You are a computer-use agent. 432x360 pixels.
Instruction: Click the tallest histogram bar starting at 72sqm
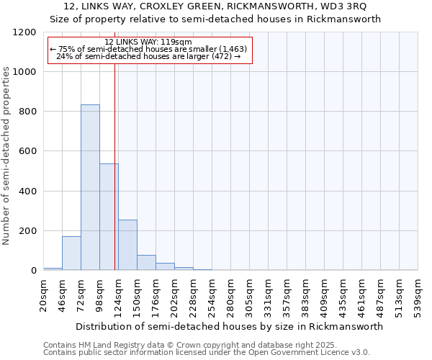[90, 187]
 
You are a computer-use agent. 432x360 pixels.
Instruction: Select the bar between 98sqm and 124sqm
[109, 217]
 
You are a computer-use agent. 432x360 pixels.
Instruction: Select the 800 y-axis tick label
[27, 112]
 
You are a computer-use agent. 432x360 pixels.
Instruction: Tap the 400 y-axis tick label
[27, 192]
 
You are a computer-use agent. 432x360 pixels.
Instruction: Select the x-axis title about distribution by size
[230, 326]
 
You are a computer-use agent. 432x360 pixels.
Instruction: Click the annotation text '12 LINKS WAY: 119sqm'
[148, 42]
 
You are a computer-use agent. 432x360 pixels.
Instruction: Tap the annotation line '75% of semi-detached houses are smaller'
[148, 49]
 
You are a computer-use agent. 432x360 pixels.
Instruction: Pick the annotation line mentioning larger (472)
[148, 56]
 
